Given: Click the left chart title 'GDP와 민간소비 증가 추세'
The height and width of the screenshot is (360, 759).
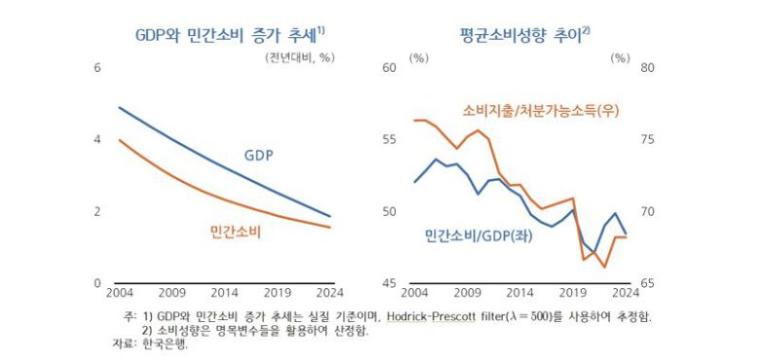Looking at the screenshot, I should click(227, 35).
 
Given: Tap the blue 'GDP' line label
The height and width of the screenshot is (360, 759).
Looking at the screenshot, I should click(258, 156).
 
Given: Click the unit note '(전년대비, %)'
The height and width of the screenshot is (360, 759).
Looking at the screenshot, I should click(299, 56).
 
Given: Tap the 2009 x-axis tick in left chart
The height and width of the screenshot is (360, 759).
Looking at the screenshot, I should click(171, 292).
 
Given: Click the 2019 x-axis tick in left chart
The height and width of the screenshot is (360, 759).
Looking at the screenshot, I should click(277, 292).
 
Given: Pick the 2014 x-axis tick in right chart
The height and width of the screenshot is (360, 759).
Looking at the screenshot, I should click(520, 292).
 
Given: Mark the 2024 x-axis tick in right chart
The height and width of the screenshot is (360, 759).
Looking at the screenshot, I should click(624, 292).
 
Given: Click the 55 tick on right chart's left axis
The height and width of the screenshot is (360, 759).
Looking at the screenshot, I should click(388, 139).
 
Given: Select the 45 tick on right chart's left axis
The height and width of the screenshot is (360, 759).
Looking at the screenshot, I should click(388, 283).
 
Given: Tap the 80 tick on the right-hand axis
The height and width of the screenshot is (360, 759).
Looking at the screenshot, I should click(647, 67).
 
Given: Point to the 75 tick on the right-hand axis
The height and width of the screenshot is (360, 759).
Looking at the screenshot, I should click(647, 139).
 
